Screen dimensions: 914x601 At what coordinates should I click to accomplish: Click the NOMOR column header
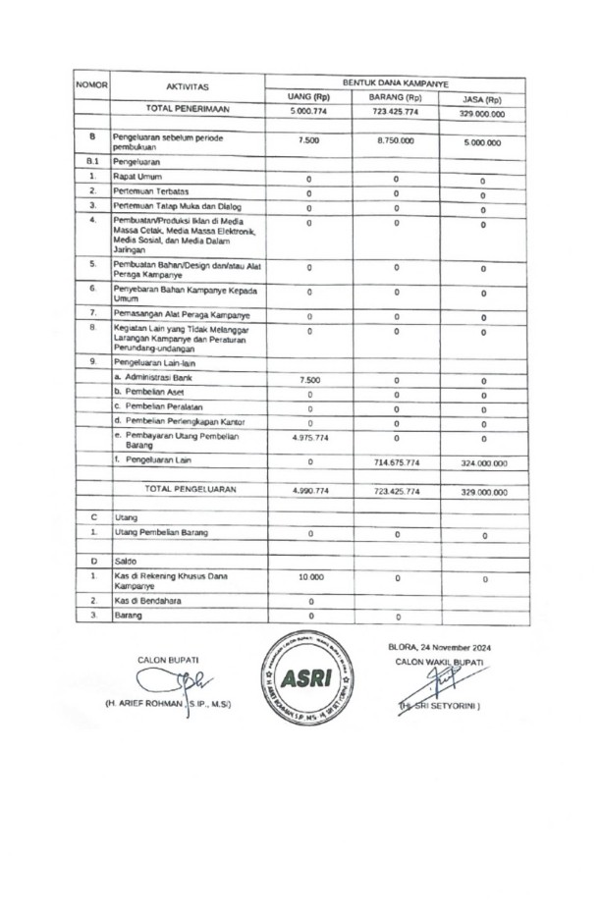(x=91, y=85)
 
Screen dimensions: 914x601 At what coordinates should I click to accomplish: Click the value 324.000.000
(x=483, y=461)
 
